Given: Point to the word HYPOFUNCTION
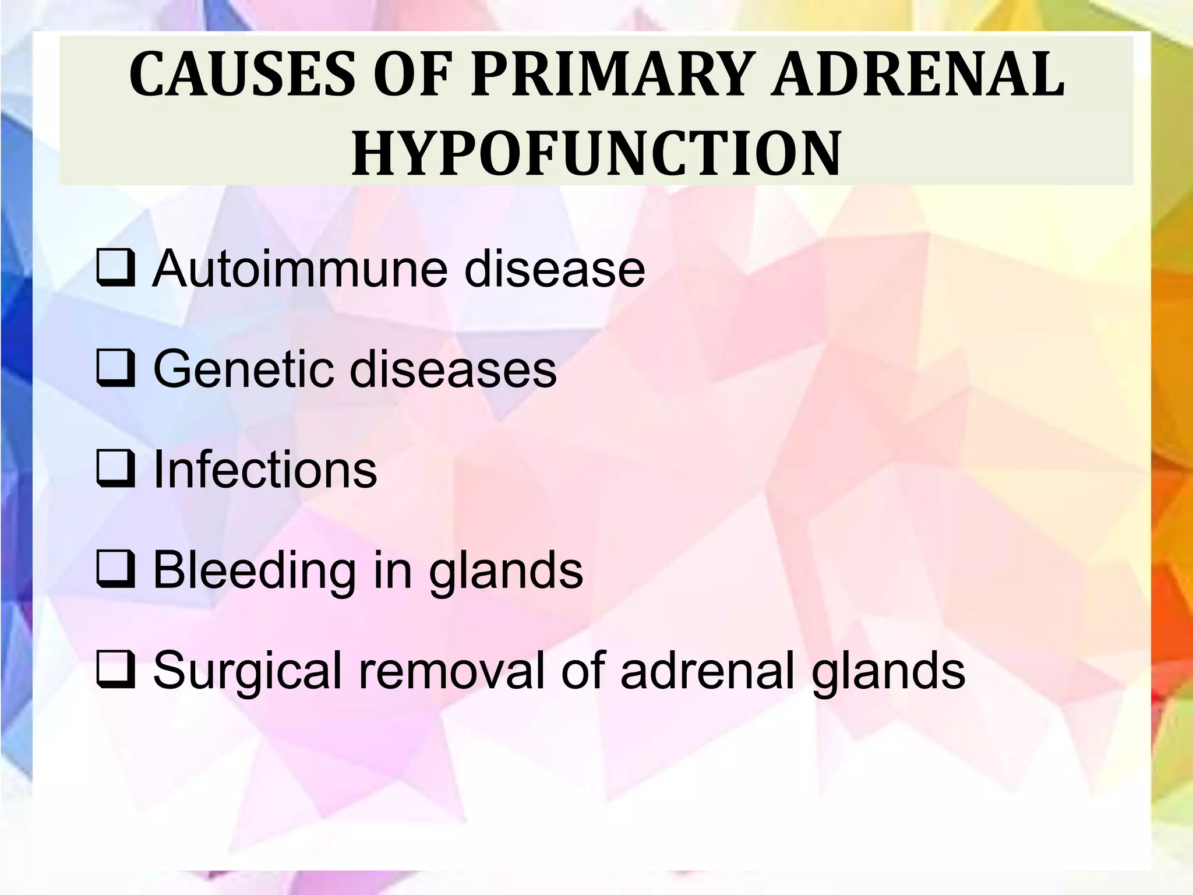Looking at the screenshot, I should click(x=596, y=153).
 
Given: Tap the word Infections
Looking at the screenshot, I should click(x=265, y=470).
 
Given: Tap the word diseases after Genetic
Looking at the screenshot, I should click(x=454, y=369).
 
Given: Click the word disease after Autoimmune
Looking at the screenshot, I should click(x=555, y=269).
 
